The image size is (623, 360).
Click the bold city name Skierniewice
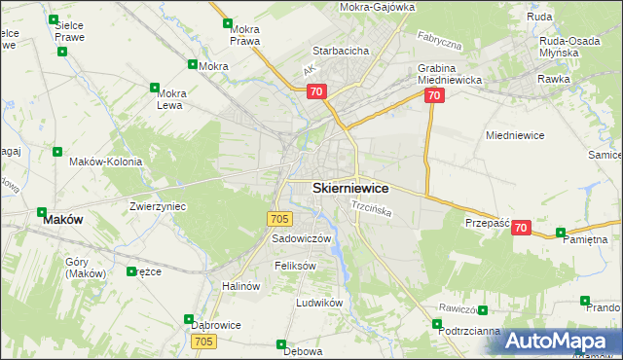click(x=350, y=188)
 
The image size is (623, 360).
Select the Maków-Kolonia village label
click(x=105, y=162)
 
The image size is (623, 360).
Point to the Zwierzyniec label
click(x=158, y=206)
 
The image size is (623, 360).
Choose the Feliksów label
click(x=296, y=265)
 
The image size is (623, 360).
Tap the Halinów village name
click(x=241, y=286)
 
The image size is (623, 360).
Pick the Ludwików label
click(x=319, y=303)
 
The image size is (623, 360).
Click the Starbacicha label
click(x=339, y=50)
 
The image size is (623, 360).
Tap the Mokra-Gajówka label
click(x=378, y=7)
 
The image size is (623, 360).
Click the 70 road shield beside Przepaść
click(x=521, y=228)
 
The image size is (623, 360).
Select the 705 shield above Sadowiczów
click(x=279, y=219)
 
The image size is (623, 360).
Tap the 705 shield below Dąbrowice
click(x=203, y=342)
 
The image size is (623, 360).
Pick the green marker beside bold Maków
click(x=43, y=211)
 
